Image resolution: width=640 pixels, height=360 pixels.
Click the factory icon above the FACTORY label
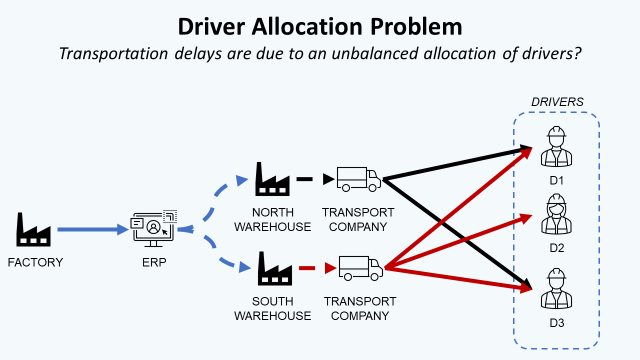tap(34, 229)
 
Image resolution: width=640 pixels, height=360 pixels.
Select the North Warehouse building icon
tap(273, 180)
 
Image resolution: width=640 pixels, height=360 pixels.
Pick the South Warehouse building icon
tap(273, 267)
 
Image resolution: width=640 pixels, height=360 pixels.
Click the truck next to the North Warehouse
tap(358, 180)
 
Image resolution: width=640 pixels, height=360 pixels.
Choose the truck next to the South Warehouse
tap(360, 267)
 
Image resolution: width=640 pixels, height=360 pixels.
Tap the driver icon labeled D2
tap(556, 214)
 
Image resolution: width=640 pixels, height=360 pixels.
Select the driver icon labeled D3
tap(556, 288)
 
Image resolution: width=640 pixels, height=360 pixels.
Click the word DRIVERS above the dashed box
tap(557, 103)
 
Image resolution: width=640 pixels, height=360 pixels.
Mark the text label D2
tap(556, 247)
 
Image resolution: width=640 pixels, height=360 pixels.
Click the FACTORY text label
tap(35, 263)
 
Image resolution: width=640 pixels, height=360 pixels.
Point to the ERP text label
tap(155, 263)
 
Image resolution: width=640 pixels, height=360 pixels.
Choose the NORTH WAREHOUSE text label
tap(273, 219)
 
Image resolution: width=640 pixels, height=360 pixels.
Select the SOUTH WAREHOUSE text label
tap(273, 308)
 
